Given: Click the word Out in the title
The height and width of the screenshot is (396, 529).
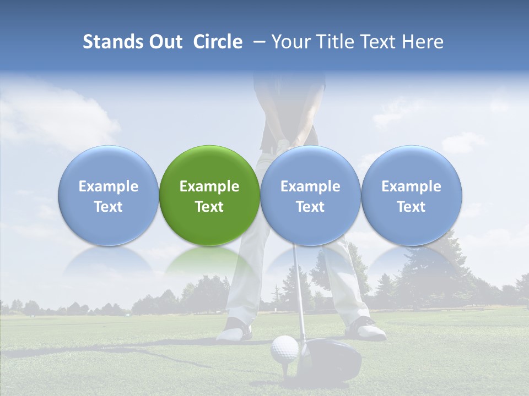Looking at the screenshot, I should [x=165, y=42].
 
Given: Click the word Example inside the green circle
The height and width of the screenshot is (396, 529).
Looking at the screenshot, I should [x=209, y=186].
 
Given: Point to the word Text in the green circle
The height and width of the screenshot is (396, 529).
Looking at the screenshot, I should [x=209, y=207].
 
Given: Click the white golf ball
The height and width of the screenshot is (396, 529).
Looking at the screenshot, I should [x=284, y=349].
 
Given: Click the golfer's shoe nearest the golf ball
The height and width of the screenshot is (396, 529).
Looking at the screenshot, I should [x=235, y=330].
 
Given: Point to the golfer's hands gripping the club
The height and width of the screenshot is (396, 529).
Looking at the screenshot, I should [x=287, y=142].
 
